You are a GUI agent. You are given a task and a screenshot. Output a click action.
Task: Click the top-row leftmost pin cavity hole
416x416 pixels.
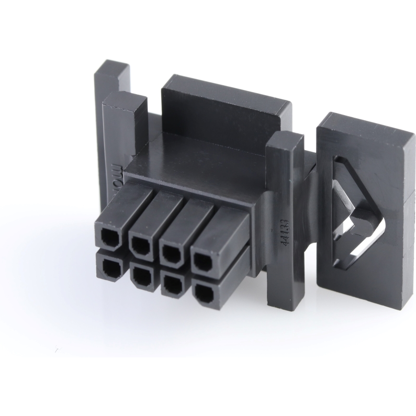tap(109, 239)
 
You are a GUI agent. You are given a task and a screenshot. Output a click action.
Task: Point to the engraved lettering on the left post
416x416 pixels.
tap(118, 181)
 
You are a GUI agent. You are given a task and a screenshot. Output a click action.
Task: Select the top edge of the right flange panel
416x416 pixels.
tap(366, 126)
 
